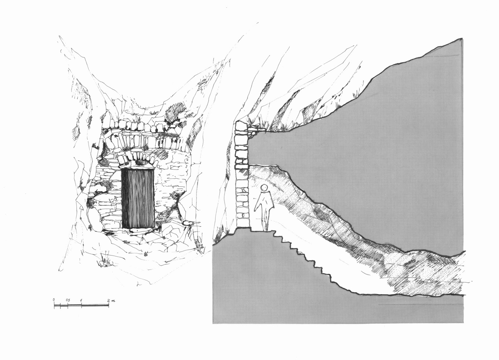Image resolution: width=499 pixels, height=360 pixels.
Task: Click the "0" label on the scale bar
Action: tap(54, 299)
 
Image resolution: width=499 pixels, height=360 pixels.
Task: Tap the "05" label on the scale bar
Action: tap(68, 300)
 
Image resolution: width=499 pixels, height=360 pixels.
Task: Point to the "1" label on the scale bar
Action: tap(81, 300)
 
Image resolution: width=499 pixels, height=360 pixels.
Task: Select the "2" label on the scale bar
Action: tap(109, 300)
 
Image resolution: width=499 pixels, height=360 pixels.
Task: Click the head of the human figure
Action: tap(264, 188)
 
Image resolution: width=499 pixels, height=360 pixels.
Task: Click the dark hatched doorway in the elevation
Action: tap(138, 198)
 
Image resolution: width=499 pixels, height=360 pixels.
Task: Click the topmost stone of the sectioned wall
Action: tap(241, 126)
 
